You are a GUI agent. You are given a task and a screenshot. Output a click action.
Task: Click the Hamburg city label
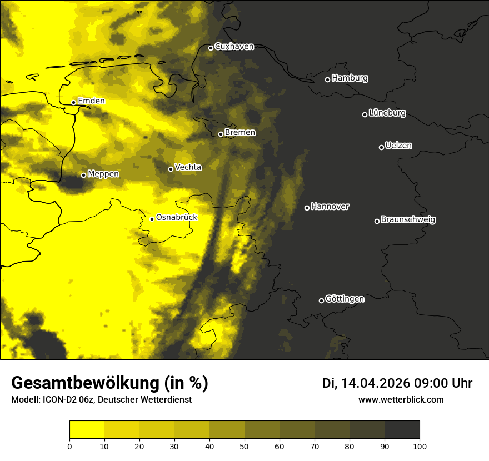pos(350,78)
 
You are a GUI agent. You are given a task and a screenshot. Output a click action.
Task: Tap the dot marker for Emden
pos(73,102)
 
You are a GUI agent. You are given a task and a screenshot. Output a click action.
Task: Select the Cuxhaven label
pos(234,47)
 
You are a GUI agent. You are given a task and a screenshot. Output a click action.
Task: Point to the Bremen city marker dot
pos(221,134)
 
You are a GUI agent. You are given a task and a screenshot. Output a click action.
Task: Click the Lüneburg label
pos(387,113)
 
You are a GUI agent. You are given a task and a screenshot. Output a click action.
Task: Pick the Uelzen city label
pos(398,146)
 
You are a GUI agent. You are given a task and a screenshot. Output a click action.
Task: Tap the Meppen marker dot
pos(83,175)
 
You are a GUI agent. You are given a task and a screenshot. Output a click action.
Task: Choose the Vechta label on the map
pos(188,167)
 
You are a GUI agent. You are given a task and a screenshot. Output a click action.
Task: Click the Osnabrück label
pos(177,217)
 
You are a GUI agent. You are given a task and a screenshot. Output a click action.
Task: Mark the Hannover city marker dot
pos(307,208)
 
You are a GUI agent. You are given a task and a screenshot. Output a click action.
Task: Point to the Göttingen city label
pos(345,299)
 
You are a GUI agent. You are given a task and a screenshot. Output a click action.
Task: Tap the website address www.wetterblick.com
pos(401,399)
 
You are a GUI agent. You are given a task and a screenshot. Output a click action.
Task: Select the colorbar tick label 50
pos(244,446)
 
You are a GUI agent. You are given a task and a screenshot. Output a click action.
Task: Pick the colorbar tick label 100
pos(420,446)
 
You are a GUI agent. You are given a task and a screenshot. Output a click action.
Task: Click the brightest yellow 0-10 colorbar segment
pos(87,430)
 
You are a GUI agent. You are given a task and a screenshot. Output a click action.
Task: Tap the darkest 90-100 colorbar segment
pos(402,430)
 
